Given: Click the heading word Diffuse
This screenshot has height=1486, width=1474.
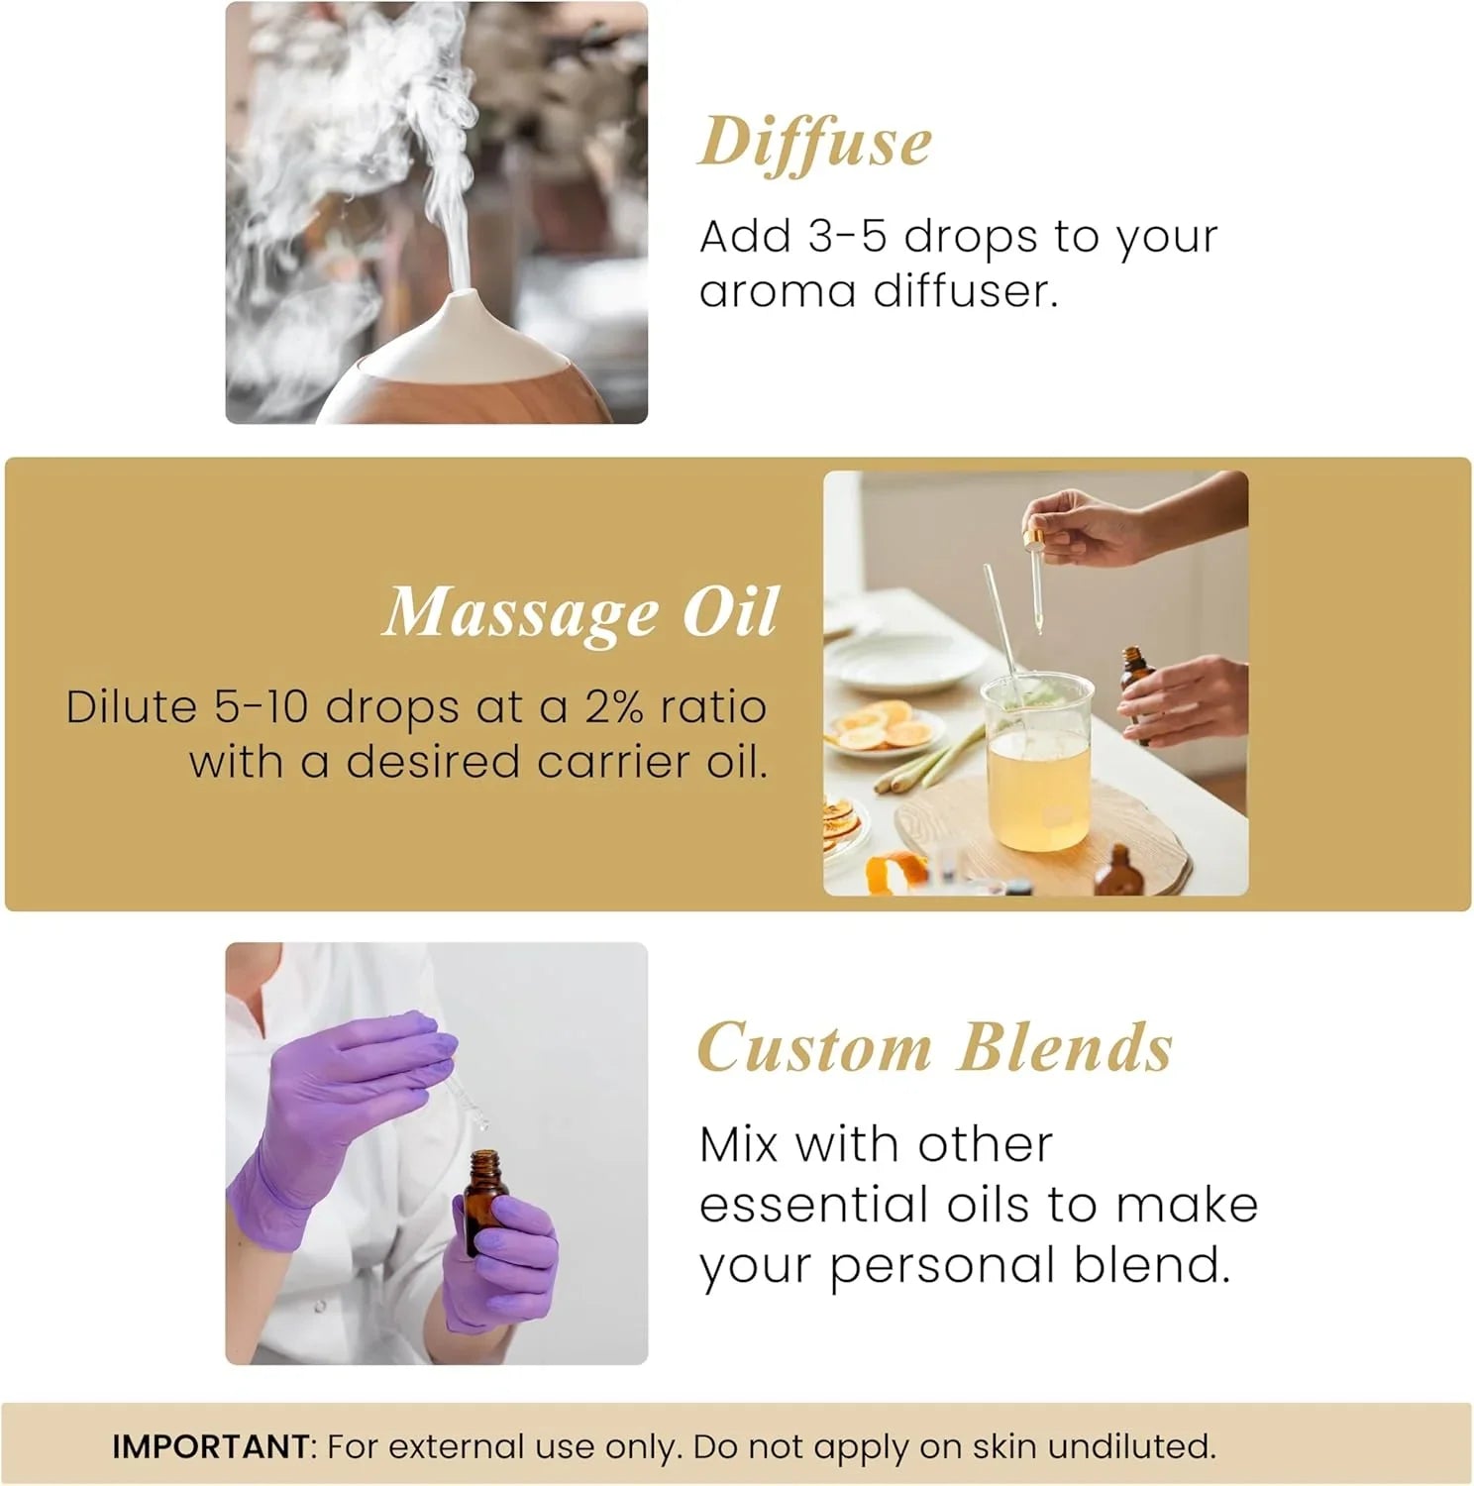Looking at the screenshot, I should [x=814, y=143].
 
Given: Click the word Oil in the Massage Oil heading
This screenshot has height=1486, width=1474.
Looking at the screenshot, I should [x=730, y=612].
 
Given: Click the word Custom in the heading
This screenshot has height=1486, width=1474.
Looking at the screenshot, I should [x=814, y=1047].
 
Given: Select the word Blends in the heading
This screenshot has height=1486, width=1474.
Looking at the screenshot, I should [x=1065, y=1047].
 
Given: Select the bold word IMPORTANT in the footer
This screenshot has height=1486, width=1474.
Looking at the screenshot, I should [x=211, y=1446].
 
